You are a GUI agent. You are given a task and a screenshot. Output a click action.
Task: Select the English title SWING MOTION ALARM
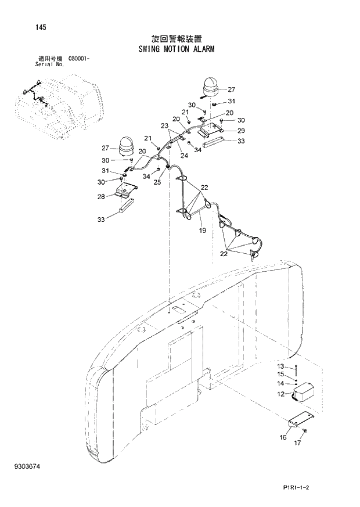tap(176, 49)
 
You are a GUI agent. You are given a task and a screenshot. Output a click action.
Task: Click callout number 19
tap(203, 231)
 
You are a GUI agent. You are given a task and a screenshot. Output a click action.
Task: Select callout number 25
tap(157, 182)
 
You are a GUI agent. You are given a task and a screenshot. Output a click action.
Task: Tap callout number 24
tap(183, 155)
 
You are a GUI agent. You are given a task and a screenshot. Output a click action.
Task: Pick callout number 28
tap(101, 197)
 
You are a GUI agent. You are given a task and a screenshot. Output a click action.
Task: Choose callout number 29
tap(241, 130)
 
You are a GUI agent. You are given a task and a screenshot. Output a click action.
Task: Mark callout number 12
tap(281, 394)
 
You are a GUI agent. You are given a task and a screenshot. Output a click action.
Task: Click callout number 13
tap(280, 366)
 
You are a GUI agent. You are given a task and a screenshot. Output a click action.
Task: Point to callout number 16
tap(283, 437)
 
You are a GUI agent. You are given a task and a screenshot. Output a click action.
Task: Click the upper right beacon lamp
tap(211, 87)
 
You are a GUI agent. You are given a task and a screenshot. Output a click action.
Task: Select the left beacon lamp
tap(127, 146)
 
